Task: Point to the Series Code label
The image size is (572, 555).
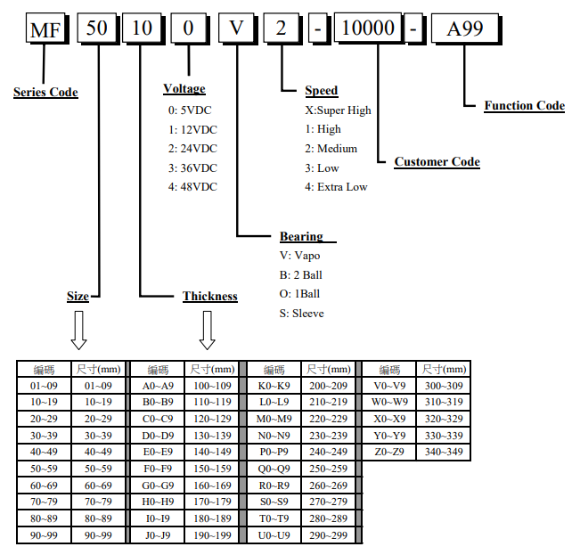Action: click(45, 93)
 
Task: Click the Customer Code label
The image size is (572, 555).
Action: click(437, 162)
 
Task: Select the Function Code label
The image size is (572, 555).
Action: click(524, 106)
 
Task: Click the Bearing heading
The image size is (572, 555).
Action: click(301, 236)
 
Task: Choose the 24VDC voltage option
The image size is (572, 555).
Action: click(192, 149)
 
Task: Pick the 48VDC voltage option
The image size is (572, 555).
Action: click(192, 187)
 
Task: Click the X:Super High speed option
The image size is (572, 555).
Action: click(338, 110)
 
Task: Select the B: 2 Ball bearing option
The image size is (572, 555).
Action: click(301, 275)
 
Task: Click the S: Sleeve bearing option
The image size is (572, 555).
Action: click(302, 314)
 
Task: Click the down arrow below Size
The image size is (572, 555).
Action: click(78, 331)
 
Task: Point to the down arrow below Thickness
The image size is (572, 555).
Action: click(208, 331)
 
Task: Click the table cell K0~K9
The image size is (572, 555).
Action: click(274, 387)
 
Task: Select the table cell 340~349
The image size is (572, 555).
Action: click(444, 452)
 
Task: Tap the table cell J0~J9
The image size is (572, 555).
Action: click(158, 535)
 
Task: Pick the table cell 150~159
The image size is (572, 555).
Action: click(212, 469)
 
